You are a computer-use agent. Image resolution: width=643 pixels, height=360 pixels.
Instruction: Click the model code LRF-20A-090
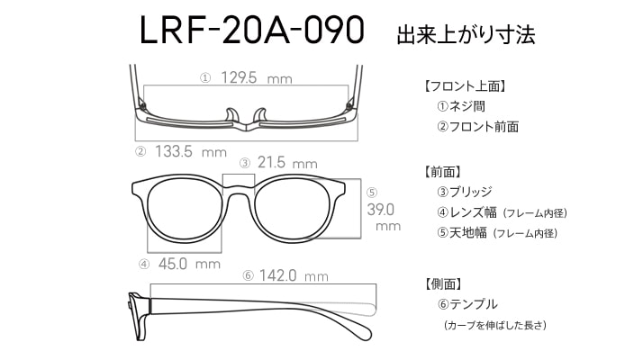(251, 31)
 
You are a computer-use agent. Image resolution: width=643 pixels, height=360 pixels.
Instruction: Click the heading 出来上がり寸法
(466, 35)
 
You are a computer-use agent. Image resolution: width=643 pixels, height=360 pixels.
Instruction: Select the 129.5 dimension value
(238, 79)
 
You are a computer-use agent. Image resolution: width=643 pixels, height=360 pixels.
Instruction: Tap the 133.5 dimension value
(173, 151)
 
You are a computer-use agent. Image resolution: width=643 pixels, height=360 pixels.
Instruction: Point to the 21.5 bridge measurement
(272, 163)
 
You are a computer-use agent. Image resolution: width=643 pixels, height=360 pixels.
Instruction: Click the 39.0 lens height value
(383, 209)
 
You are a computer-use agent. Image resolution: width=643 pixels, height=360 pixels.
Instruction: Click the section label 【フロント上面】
(468, 87)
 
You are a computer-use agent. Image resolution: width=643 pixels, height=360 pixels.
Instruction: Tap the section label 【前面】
(442, 171)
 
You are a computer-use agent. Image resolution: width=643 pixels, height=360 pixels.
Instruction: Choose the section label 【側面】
(442, 283)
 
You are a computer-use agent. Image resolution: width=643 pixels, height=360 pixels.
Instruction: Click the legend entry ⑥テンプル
(467, 304)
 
